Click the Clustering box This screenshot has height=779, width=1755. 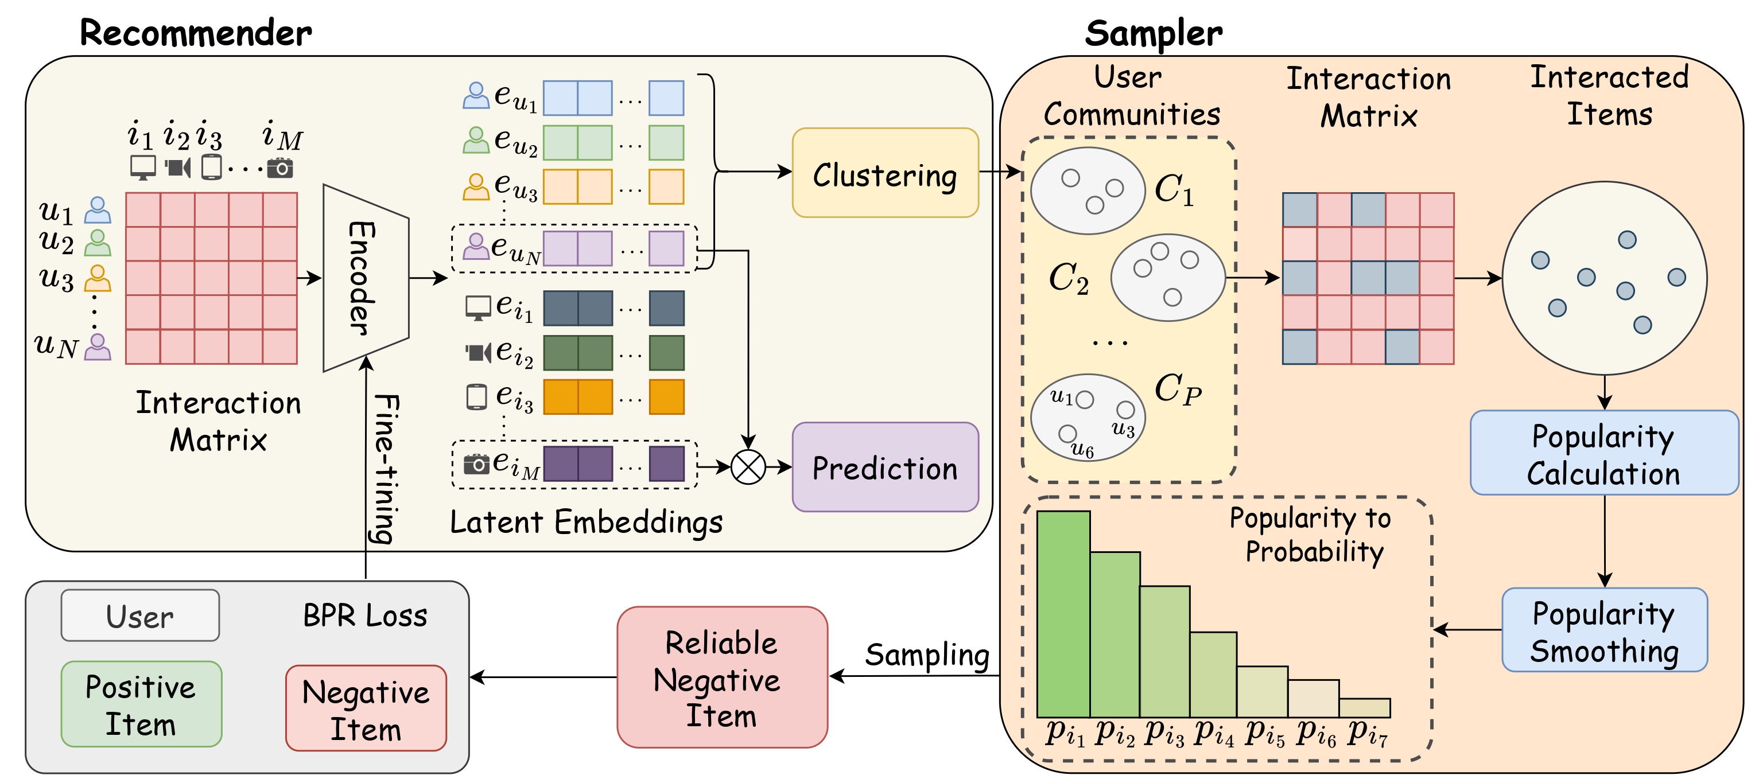[x=884, y=173]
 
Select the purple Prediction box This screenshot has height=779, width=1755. [x=884, y=467]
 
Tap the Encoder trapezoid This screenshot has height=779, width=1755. [x=365, y=278]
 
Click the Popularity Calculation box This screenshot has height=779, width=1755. [x=1603, y=453]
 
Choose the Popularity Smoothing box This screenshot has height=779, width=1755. [x=1603, y=630]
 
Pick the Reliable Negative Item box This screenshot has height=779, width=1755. [x=721, y=677]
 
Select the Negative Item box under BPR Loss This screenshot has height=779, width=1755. [x=366, y=708]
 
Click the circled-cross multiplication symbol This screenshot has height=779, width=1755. [x=747, y=467]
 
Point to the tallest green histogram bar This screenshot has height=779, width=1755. [x=1063, y=613]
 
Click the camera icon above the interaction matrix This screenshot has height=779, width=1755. [x=280, y=168]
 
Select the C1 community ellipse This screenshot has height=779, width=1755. [x=1088, y=190]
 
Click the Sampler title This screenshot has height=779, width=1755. [x=1153, y=33]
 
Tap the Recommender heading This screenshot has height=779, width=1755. [x=196, y=33]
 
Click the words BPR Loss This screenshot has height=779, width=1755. [x=364, y=616]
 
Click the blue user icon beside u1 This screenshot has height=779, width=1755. [x=98, y=211]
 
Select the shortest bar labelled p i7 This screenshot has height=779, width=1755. [x=1364, y=707]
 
